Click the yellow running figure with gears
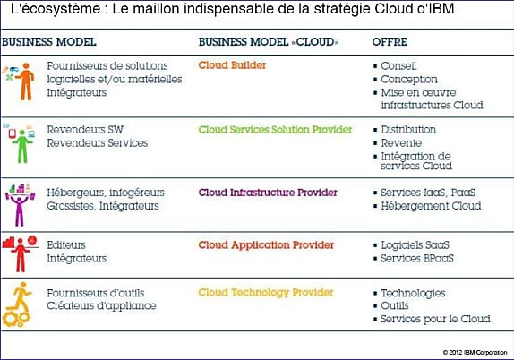pyautogui.click(x=17, y=304)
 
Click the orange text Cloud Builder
pyautogui.click(x=232, y=65)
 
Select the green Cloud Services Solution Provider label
pyautogui.click(x=275, y=130)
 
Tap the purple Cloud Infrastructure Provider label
pyautogui.click(x=268, y=193)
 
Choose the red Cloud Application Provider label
pyautogui.click(x=266, y=245)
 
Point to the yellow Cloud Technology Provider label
pyautogui.click(x=266, y=293)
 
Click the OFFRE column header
pyautogui.click(x=390, y=42)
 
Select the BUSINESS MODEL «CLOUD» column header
pyautogui.click(x=269, y=42)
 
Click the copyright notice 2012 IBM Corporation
pyautogui.click(x=475, y=353)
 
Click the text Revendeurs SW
pyautogui.click(x=85, y=130)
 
